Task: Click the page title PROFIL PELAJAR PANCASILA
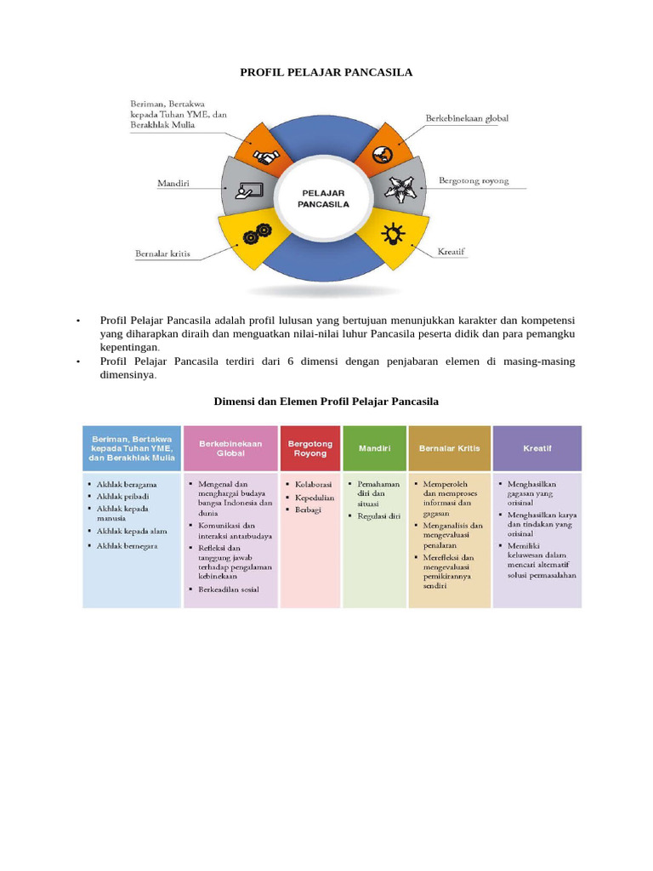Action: click(326, 72)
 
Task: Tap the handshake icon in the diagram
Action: click(267, 158)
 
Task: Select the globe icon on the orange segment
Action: click(382, 156)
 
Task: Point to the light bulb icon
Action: click(393, 232)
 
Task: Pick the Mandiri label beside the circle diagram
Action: click(173, 183)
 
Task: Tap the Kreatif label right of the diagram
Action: click(451, 252)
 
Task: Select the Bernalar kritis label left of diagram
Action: click(163, 253)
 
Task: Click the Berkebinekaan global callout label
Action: click(467, 118)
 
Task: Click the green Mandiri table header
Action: click(374, 447)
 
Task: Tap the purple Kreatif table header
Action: click(537, 447)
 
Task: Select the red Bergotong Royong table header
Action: click(310, 448)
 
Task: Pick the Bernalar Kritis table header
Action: click(450, 447)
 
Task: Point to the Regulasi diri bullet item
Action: click(378, 515)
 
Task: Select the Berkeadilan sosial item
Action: click(229, 589)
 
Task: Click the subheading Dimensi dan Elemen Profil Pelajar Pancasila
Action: click(326, 401)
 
